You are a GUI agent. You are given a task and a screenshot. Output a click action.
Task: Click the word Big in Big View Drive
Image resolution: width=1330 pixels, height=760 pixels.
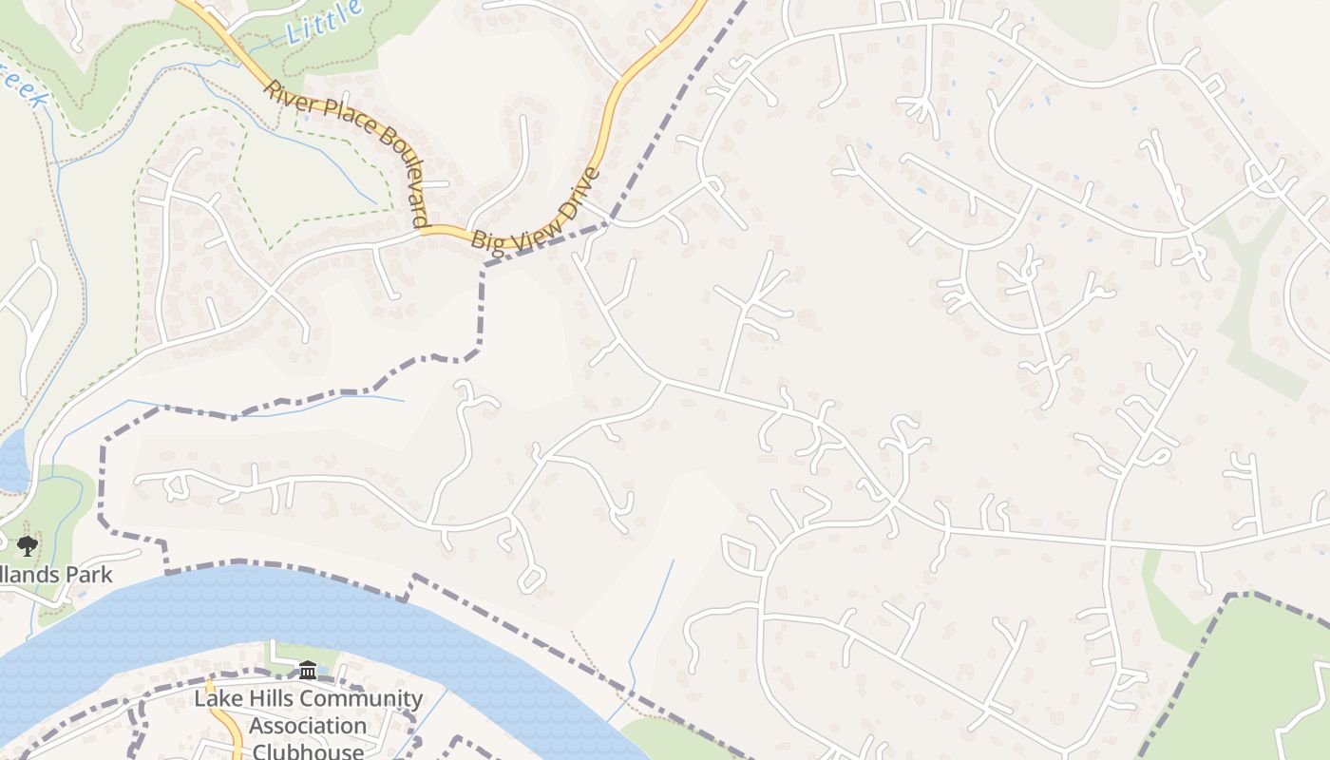coord(490,244)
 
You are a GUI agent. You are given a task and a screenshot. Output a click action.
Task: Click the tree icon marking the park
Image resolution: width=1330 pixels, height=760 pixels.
coord(28,545)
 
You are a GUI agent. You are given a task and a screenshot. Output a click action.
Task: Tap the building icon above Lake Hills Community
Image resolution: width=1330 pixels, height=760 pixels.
coord(308,671)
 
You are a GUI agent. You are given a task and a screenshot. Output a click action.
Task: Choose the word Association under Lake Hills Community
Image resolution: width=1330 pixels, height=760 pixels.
coord(308,726)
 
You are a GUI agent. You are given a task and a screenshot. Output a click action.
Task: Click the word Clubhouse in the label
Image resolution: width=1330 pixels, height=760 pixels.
coord(308,750)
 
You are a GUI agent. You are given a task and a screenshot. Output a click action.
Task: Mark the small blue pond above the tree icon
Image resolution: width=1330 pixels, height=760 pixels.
coord(11,461)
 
